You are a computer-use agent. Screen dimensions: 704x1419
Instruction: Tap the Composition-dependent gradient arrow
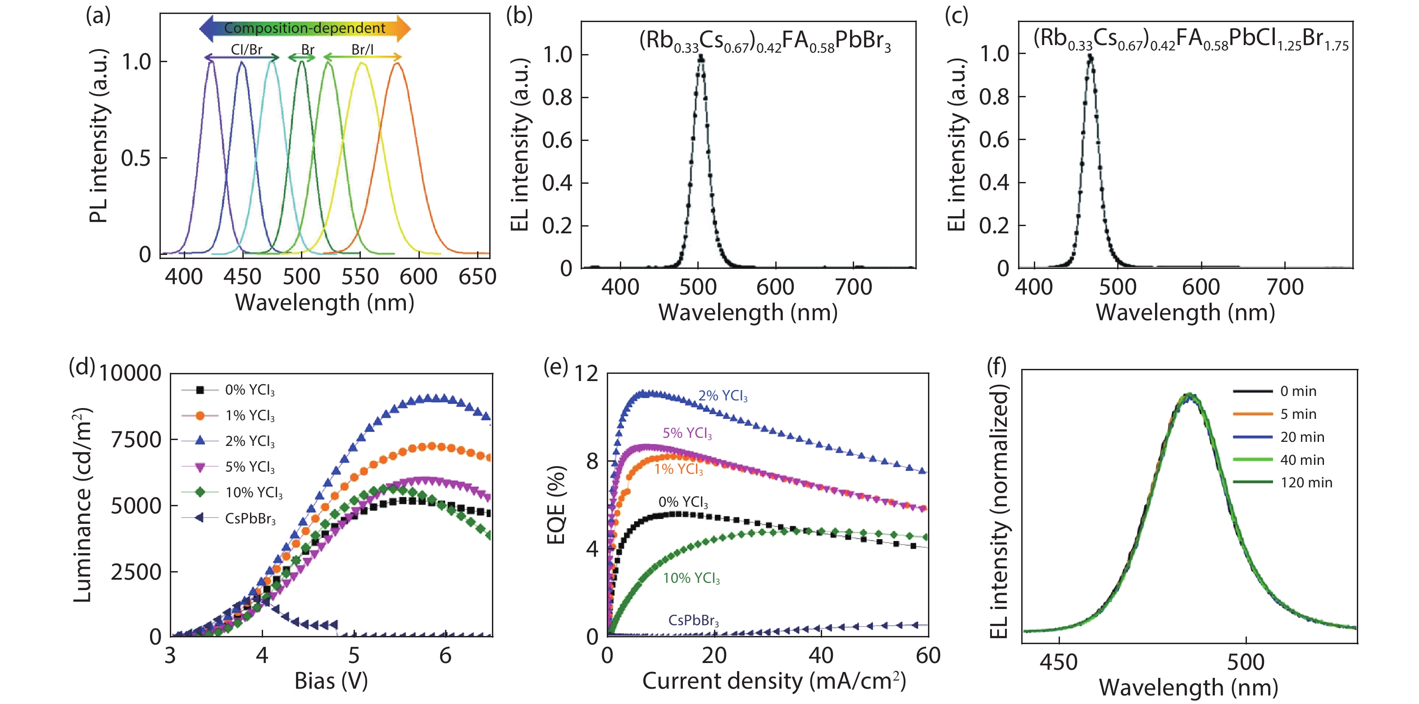305,28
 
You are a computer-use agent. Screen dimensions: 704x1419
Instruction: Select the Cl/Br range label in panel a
246,50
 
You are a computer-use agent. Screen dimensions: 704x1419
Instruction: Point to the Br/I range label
363,50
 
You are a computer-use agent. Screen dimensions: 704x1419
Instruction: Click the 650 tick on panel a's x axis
477,277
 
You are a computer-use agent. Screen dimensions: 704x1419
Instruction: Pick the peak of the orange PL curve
396,64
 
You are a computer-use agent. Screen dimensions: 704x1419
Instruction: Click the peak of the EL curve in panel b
700,56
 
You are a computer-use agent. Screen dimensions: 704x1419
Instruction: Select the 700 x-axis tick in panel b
853,287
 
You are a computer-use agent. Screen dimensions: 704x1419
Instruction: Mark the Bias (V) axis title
331,681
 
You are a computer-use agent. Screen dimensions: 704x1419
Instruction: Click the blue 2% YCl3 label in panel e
723,396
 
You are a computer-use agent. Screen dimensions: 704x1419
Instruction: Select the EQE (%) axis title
556,504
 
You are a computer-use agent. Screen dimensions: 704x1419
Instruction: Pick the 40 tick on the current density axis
821,655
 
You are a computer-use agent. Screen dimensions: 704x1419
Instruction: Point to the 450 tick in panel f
1058,662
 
